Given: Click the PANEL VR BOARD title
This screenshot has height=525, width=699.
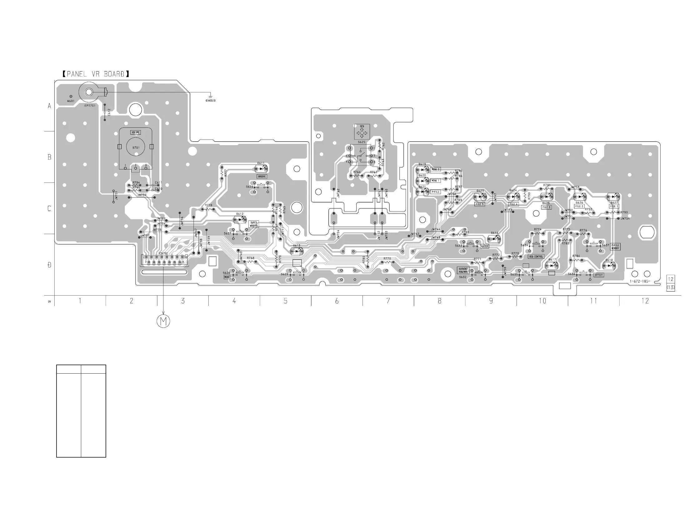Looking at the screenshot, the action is coord(96,74).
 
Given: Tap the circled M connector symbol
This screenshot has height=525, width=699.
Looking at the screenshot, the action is coord(163,321).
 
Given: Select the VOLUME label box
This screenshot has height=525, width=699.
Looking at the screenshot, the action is coord(136,132).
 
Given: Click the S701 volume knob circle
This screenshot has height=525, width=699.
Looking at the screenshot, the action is coord(136,147).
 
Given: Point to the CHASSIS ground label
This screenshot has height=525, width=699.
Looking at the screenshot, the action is coord(210,101).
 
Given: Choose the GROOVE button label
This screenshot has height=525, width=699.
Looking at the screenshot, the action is coord(262,177).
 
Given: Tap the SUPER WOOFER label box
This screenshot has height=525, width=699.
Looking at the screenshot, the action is coord(254,224).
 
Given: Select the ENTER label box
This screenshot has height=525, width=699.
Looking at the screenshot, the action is coord(485,246).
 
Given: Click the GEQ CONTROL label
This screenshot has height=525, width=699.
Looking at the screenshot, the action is coord(536,257).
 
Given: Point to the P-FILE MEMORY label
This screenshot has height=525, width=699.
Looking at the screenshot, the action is coord(615,247).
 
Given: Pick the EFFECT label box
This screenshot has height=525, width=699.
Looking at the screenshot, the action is coord(599,275).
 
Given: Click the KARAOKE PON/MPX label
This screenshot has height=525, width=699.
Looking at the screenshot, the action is coord(463,270).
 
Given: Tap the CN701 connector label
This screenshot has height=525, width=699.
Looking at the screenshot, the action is coord(163,253).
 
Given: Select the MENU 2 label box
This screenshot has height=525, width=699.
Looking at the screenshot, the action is coord(435,169).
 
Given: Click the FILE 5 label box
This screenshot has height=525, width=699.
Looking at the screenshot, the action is coord(479,204).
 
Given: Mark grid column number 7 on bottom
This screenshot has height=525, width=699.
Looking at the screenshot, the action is coord(388,301).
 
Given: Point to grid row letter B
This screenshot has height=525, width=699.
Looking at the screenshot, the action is coord(49,157).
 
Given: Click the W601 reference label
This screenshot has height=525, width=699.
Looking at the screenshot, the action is coord(71,101).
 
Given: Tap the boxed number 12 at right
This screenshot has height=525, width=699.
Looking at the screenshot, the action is coord(671,279).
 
